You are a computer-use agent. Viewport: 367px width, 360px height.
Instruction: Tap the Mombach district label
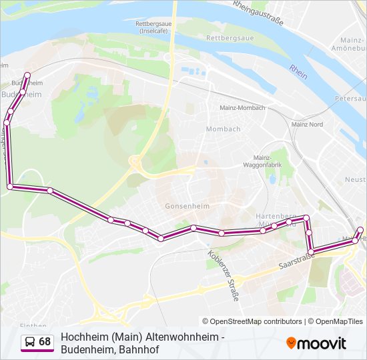point(222,129)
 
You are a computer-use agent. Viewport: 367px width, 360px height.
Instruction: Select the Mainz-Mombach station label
point(242,107)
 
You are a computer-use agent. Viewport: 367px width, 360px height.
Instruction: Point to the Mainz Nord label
point(307,125)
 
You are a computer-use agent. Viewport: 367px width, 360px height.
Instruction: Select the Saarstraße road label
point(297,260)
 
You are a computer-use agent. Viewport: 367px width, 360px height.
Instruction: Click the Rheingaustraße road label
point(258,13)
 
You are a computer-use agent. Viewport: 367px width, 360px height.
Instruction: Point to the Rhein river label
point(298,71)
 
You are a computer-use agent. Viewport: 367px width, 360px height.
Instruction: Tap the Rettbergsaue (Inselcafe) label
point(152,27)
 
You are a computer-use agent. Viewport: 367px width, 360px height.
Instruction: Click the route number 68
point(45,342)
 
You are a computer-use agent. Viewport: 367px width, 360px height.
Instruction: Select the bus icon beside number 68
point(30,342)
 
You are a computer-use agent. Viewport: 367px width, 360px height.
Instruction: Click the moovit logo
point(316,343)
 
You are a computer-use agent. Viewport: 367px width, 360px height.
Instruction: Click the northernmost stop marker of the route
point(27,75)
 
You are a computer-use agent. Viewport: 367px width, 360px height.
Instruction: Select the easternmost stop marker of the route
point(361,230)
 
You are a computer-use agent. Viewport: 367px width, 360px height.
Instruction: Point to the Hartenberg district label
point(275,217)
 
